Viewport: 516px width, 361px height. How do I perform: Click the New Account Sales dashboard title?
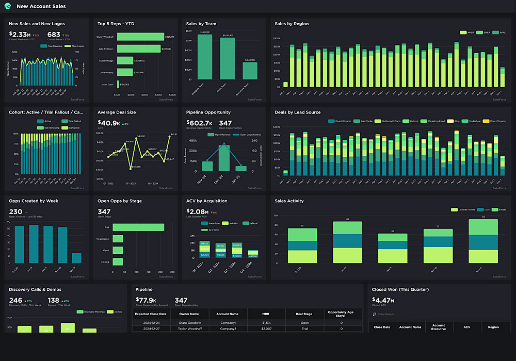(41, 7)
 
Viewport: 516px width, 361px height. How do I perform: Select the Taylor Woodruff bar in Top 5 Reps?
(140, 37)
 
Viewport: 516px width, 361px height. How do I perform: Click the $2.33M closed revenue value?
(22, 34)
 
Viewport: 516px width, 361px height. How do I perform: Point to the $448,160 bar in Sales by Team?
(250, 71)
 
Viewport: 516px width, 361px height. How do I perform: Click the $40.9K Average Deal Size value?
(109, 123)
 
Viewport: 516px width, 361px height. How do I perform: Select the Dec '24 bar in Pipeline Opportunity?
(224, 158)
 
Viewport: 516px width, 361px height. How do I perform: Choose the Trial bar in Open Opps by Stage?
(138, 227)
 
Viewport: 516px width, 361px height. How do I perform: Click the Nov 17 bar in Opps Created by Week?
(76, 258)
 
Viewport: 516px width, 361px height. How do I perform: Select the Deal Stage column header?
(303, 314)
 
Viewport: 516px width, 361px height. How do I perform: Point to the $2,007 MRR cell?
(266, 329)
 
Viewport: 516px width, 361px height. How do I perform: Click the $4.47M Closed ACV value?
(383, 301)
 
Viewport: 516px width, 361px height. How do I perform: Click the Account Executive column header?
(439, 327)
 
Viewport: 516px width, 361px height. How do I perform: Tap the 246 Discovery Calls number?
(15, 300)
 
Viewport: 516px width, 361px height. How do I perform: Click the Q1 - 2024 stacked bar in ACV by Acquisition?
(204, 249)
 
